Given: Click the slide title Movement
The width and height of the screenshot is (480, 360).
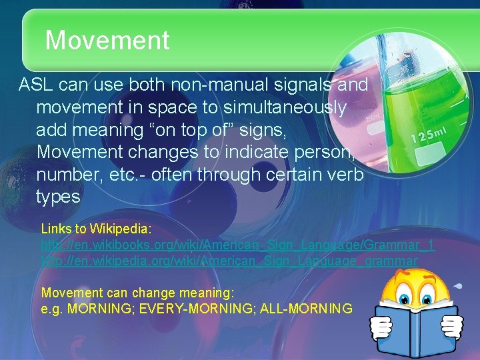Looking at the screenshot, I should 107,41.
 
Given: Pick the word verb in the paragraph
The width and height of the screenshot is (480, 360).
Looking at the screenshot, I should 347,175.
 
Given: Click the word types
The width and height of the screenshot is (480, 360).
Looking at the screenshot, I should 58,197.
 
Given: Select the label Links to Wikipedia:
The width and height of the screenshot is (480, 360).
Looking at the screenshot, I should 97,229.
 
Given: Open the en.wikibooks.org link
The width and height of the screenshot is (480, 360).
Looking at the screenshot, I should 237,245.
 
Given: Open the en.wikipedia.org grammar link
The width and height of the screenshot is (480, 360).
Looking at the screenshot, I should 229,261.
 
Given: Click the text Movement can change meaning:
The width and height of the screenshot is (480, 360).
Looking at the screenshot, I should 137,293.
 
